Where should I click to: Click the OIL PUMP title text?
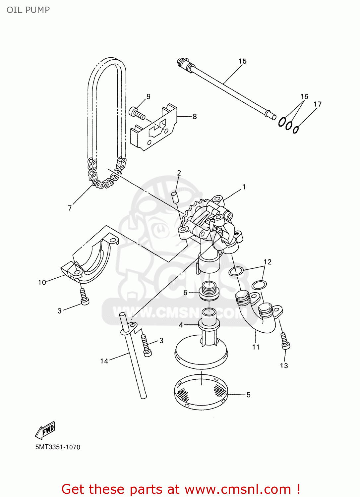click(x=28, y=10)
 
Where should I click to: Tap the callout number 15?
click(x=242, y=61)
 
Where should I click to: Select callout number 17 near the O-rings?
click(x=317, y=104)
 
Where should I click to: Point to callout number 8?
click(x=195, y=117)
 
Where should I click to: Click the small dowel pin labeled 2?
click(x=175, y=196)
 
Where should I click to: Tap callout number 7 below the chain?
click(x=70, y=208)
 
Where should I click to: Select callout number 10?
click(x=42, y=283)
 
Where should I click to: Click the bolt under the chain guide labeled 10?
click(x=84, y=297)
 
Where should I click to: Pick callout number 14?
click(x=104, y=361)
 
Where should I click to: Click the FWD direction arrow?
click(x=45, y=431)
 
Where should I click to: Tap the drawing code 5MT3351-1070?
click(x=58, y=447)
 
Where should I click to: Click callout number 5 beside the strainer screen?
click(x=248, y=395)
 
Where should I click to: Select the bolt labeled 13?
click(x=285, y=341)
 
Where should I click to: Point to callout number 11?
click(x=256, y=347)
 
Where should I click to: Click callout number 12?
click(x=268, y=262)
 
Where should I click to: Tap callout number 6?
click(x=185, y=293)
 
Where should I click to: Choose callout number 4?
click(x=181, y=325)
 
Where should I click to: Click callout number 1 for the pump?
click(x=244, y=187)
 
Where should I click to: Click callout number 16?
click(x=304, y=97)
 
